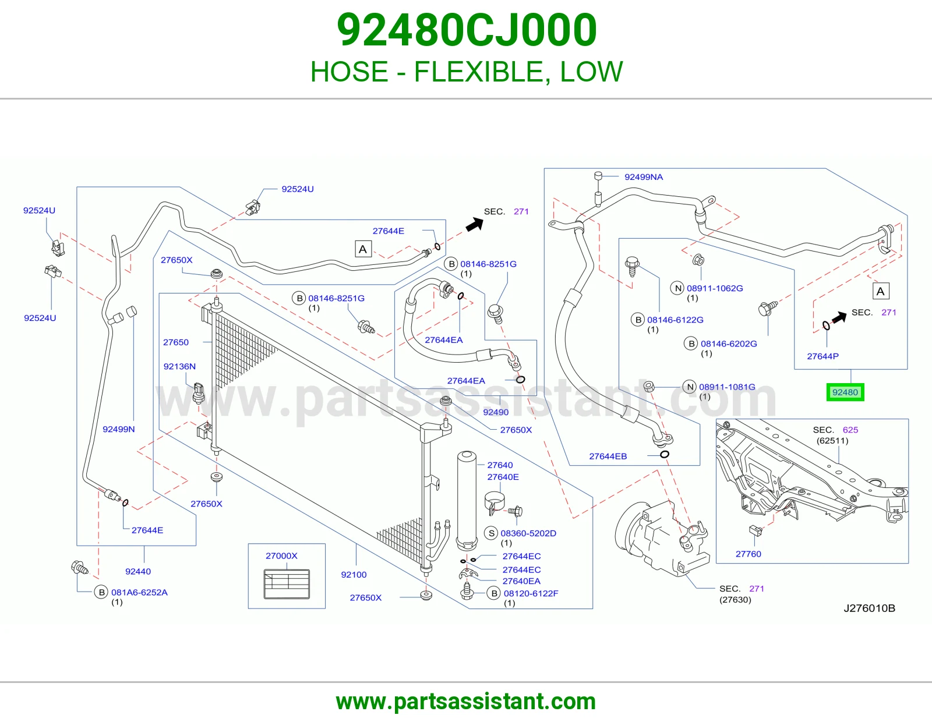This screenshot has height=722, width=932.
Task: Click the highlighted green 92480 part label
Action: pyautogui.click(x=845, y=392)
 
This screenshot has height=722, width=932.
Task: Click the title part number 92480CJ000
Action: pyautogui.click(x=466, y=30)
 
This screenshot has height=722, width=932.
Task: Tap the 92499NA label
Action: pyautogui.click(x=643, y=176)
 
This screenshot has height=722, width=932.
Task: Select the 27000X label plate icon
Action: pyautogui.click(x=287, y=584)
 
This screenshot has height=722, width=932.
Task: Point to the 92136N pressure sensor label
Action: pyautogui.click(x=179, y=366)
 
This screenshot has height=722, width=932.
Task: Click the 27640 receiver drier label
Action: pyautogui.click(x=500, y=465)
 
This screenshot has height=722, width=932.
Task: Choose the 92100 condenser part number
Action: pyautogui.click(x=354, y=575)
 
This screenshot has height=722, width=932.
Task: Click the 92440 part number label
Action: pyautogui.click(x=137, y=571)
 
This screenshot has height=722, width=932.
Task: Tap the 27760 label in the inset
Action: pyautogui.click(x=748, y=554)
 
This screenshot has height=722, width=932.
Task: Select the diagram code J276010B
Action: pyautogui.click(x=869, y=608)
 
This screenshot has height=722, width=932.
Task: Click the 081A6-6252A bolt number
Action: pyautogui.click(x=139, y=592)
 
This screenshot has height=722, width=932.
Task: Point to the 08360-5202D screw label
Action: pyautogui.click(x=528, y=533)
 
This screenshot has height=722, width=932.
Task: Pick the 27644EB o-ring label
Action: pyautogui.click(x=608, y=456)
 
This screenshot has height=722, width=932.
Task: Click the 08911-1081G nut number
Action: pyautogui.click(x=727, y=387)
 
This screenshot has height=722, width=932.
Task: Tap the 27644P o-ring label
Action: pyautogui.click(x=822, y=356)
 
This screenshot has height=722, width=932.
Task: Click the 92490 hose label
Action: pyautogui.click(x=495, y=412)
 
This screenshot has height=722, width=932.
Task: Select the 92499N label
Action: pyautogui.click(x=118, y=429)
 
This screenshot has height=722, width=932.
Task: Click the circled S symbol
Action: pyautogui.click(x=491, y=533)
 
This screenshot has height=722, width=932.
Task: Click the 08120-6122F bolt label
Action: pyautogui.click(x=531, y=593)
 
